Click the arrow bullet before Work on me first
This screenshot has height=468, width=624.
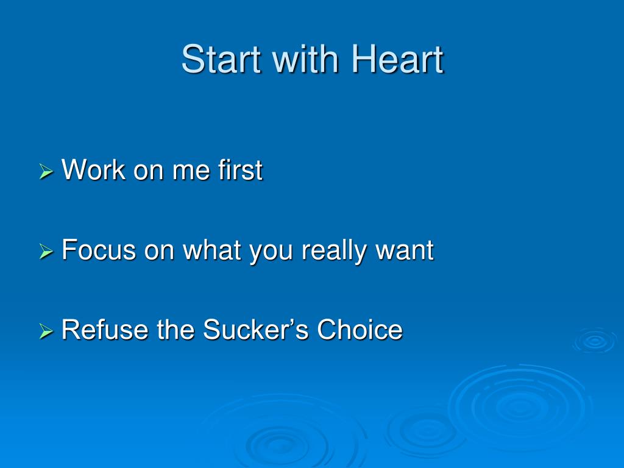tap(46, 172)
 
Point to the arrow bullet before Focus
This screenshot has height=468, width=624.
tap(46, 252)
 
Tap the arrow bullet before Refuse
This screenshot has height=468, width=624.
tap(46, 331)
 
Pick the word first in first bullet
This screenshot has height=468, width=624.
tap(240, 170)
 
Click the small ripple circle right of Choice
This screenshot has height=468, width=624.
tap(595, 341)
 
